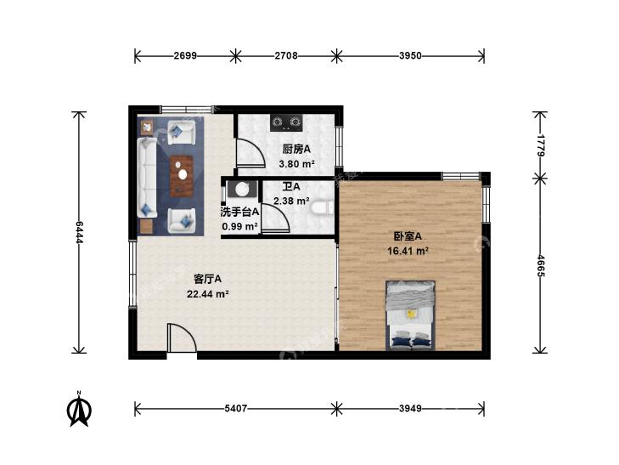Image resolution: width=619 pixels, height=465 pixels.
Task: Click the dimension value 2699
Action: [185, 56]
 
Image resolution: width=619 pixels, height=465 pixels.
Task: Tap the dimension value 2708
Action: [286, 56]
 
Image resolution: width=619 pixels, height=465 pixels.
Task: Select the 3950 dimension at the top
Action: [410, 56]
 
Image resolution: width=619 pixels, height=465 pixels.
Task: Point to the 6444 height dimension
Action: [79, 232]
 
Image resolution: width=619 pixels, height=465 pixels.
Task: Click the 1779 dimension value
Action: [540, 145]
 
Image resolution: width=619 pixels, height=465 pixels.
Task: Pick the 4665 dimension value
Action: [540, 265]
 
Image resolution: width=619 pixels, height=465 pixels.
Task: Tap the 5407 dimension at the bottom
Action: [235, 409]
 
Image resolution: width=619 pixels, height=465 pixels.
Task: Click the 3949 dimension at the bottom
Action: [410, 409]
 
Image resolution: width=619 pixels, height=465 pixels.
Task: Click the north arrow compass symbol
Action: [79, 410]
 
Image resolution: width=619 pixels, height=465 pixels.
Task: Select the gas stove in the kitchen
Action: [286, 122]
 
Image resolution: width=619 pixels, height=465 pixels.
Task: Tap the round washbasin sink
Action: [242, 189]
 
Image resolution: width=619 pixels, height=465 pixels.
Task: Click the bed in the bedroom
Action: [411, 315]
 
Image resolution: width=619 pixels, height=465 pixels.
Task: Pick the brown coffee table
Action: [182, 176]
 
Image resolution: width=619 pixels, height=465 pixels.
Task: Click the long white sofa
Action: [147, 178]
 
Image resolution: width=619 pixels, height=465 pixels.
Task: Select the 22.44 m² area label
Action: [208, 294]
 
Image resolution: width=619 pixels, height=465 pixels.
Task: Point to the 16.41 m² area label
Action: [408, 251]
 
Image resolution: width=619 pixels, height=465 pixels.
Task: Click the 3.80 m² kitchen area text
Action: [296, 163]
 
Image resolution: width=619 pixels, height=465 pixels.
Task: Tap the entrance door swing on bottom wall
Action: [182, 337]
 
